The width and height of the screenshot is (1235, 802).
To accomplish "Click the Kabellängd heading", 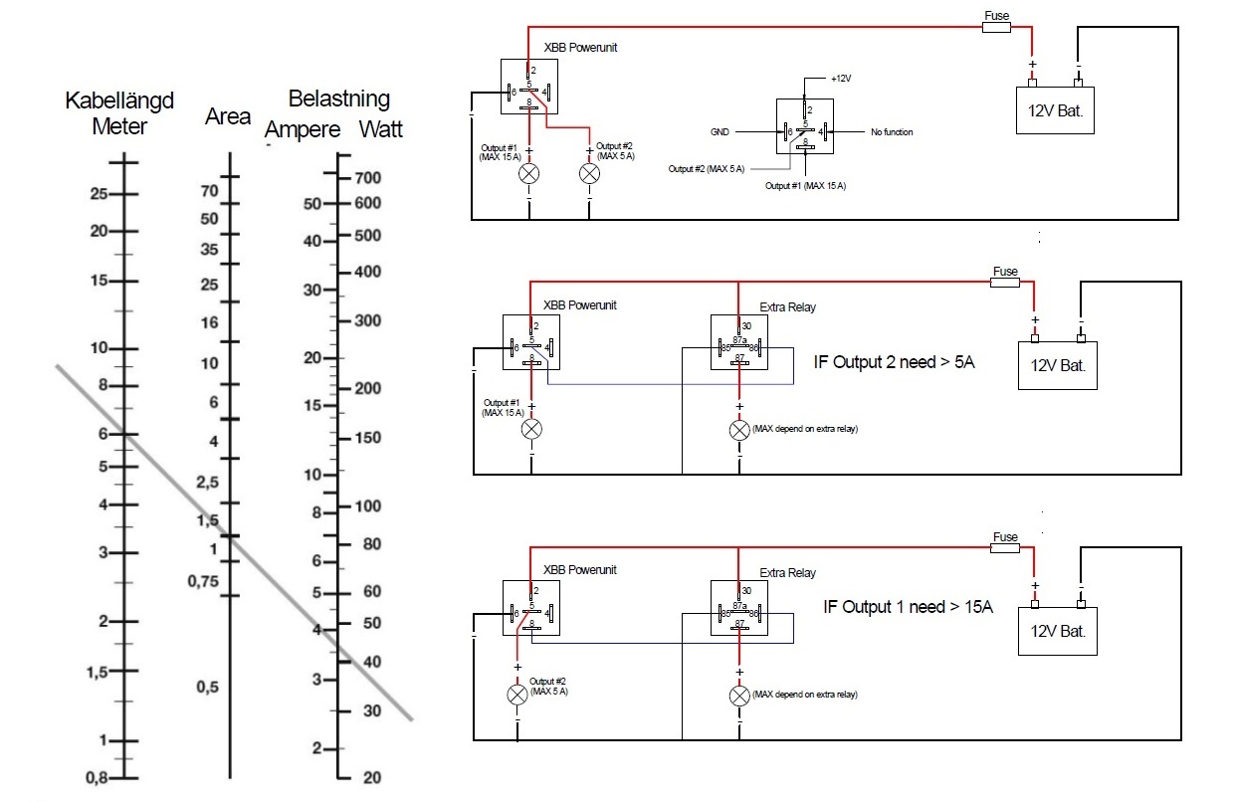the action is [x=119, y=100].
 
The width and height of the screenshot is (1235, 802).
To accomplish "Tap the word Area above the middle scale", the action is [x=228, y=116].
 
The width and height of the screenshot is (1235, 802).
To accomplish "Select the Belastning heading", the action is [x=339, y=99].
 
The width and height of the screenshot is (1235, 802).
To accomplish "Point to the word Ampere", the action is [x=303, y=130].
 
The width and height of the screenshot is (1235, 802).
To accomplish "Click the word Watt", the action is [x=381, y=129].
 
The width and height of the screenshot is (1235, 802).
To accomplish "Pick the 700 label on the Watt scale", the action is [x=368, y=178].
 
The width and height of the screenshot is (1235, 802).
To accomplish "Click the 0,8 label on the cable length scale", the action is [x=98, y=778].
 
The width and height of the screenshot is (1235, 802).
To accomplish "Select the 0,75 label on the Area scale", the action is [x=203, y=581].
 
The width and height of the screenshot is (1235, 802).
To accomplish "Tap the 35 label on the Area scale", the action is [x=209, y=249].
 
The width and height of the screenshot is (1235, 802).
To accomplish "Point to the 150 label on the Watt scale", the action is [x=368, y=438].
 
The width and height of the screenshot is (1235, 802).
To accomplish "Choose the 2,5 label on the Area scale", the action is [x=208, y=483].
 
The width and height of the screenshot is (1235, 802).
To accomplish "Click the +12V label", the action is [x=841, y=79].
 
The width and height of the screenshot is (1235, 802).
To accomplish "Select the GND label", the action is [x=720, y=132].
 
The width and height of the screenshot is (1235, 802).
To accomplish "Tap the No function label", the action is [x=892, y=132].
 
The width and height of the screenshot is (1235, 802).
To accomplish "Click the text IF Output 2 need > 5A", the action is [x=894, y=362].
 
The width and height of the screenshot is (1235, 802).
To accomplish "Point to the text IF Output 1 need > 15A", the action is [x=908, y=607].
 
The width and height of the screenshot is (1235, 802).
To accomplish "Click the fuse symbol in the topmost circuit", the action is [x=996, y=27].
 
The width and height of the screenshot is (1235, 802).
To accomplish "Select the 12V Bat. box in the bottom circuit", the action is [x=1058, y=631].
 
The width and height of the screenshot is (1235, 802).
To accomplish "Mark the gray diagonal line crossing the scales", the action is [x=234, y=542].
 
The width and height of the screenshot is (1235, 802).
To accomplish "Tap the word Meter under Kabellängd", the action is [x=119, y=126].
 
